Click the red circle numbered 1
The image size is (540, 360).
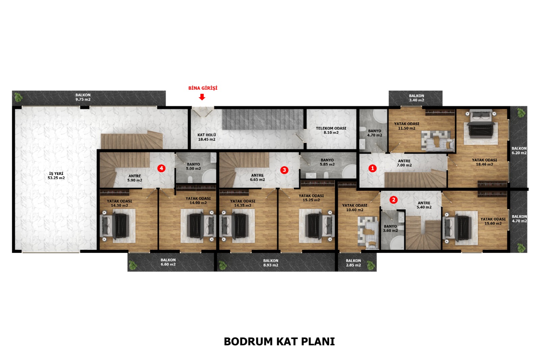click(373, 168)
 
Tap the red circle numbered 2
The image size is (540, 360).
click(394, 200)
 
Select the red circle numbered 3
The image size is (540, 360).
click(284, 170)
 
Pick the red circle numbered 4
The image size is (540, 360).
click(161, 168)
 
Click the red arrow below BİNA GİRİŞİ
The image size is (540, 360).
click(202, 97)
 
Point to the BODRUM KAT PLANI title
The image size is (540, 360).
click(279, 341)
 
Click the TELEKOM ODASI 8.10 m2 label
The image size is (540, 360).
click(331, 130)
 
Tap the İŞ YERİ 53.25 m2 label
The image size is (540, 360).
click(56, 176)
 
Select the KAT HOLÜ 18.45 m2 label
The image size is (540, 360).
click(207, 137)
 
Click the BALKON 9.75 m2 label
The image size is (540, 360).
click(83, 97)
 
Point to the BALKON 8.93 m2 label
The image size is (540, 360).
click(271, 263)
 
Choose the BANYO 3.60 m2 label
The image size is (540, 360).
click(390, 228)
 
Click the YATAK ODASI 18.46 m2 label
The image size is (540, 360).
click(484, 162)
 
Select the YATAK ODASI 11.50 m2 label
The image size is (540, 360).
click(406, 126)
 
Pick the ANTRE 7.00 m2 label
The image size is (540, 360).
click(404, 163)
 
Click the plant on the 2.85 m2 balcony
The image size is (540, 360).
click(371, 265)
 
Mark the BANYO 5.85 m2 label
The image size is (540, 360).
click(327, 162)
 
